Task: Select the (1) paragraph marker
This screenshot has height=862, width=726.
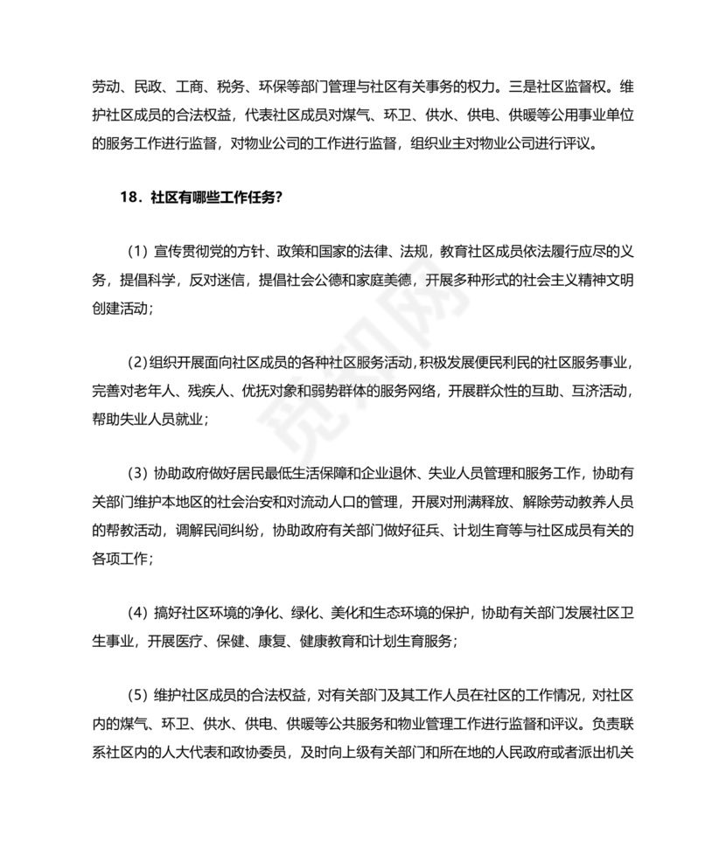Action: [137, 252]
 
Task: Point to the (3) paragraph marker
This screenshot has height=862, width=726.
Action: [137, 474]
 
